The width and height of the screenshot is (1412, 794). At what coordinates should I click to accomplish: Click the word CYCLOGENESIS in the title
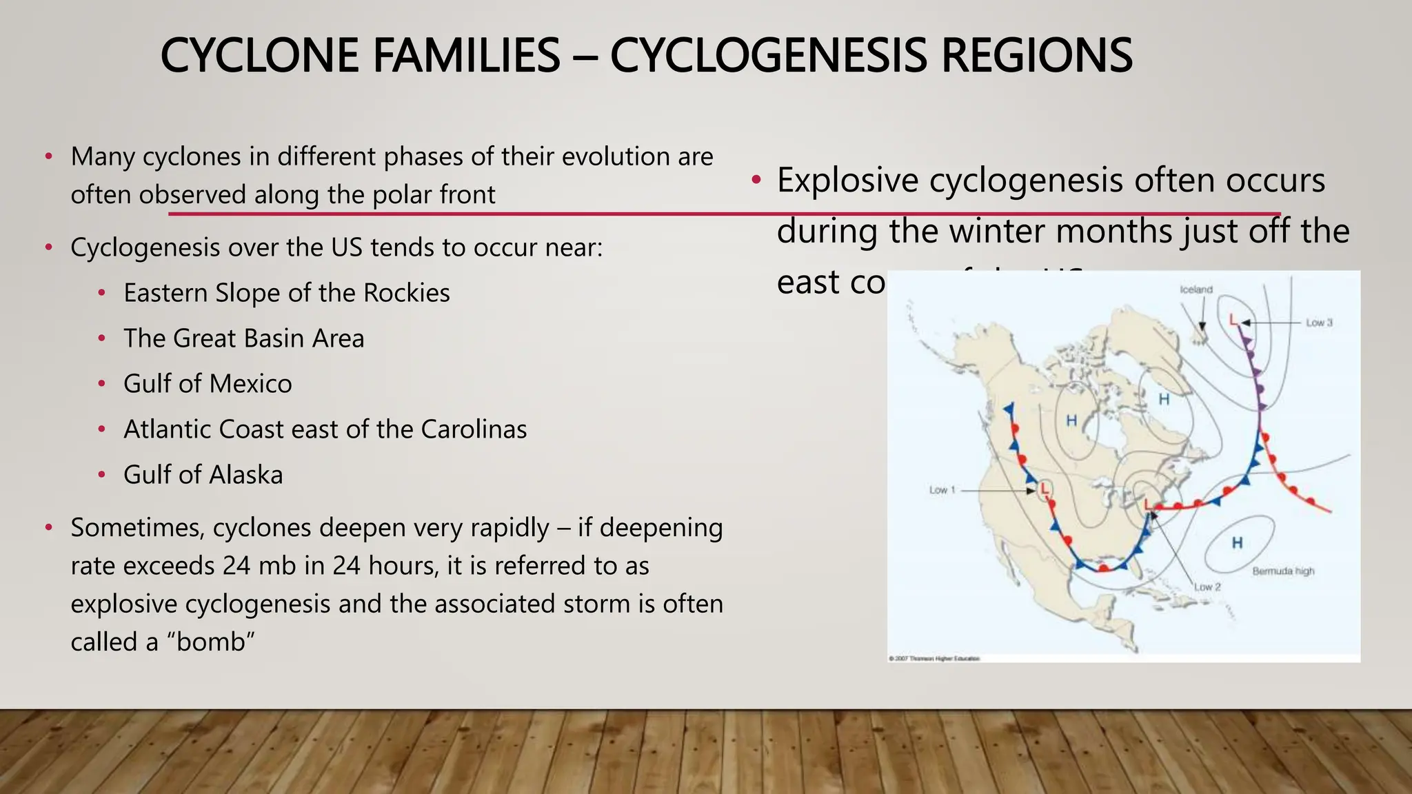769,56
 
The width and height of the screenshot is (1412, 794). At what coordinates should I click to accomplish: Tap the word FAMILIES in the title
466,56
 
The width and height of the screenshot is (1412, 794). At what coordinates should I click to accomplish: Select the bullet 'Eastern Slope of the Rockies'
286,293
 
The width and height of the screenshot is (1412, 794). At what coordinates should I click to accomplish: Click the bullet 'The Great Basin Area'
243,338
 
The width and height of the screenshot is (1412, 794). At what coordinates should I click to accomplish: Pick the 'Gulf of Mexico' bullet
208,384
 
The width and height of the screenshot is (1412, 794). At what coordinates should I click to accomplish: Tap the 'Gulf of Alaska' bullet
203,475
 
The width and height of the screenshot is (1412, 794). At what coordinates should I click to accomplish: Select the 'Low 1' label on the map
942,490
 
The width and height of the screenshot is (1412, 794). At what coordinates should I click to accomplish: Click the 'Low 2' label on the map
1207,587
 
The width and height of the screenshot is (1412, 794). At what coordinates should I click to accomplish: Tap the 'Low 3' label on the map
1319,323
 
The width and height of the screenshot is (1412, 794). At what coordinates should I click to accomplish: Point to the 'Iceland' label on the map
1196,289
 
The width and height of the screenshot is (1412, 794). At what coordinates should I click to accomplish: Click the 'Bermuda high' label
1283,571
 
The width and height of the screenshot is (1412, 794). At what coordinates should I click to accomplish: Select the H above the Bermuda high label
1237,543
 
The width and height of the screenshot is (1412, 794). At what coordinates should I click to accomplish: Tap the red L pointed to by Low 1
1045,489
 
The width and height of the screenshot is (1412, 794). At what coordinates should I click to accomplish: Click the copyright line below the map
934,659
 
